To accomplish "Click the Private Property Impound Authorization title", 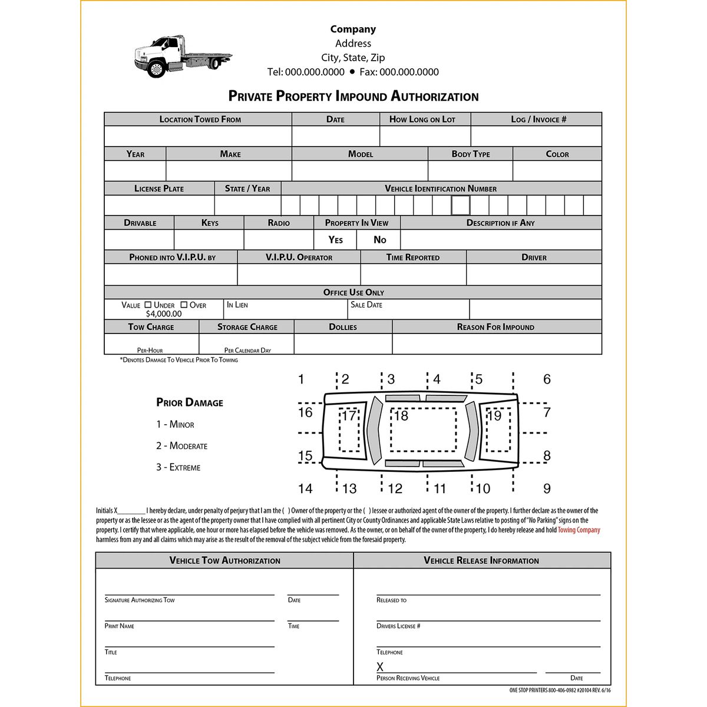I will (x=353, y=96).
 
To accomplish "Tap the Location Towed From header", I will (x=200, y=119).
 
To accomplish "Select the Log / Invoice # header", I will (x=538, y=119).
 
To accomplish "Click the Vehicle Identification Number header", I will (x=440, y=189).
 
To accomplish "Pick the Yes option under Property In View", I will (x=335, y=240).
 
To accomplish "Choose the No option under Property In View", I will (x=379, y=240).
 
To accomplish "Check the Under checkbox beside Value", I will (x=148, y=305).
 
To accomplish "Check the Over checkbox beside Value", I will (x=184, y=305).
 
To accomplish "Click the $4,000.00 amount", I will (x=164, y=314).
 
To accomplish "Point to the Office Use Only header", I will (x=353, y=292).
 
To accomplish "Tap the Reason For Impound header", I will (x=495, y=327).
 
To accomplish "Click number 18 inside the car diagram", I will (x=401, y=416).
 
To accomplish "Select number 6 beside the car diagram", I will (x=546, y=379).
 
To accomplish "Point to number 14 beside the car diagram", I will (x=305, y=488).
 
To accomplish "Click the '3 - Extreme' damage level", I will (x=178, y=467).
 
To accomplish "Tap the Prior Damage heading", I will (x=189, y=402).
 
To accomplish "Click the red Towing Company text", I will (x=579, y=530).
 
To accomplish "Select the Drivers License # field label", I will (x=398, y=626).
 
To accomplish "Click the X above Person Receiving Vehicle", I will (x=380, y=667).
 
